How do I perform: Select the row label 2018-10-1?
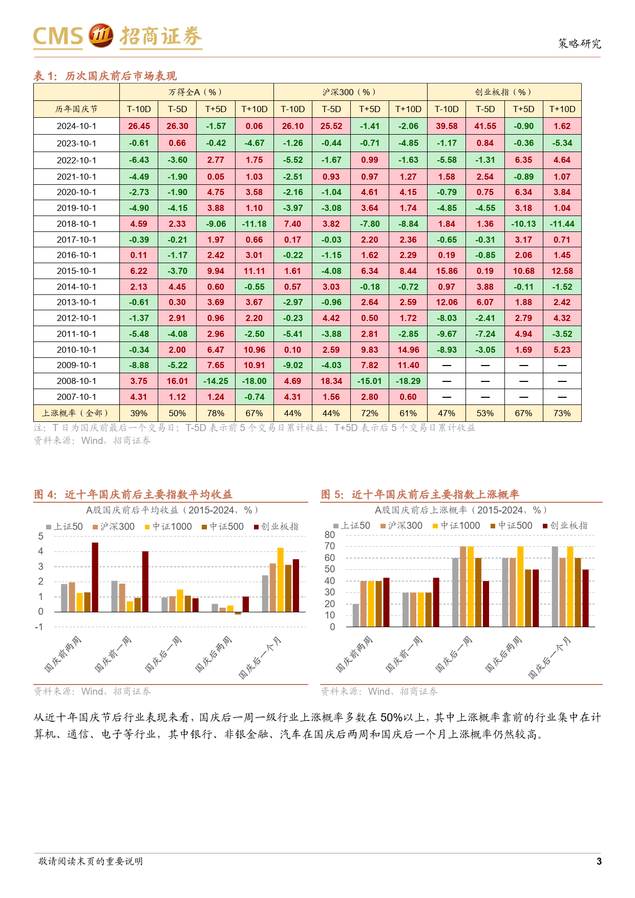tap(76, 224)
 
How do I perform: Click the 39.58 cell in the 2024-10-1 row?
tap(447, 126)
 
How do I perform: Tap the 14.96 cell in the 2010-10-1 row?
tap(408, 350)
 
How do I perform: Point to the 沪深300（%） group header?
tap(350, 92)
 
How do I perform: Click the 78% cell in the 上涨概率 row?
tap(216, 413)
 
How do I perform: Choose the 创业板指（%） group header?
tap(504, 92)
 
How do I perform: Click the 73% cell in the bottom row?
tap(562, 413)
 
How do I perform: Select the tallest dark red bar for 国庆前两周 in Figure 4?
tap(95, 577)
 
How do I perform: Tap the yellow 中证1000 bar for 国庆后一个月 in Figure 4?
tap(281, 580)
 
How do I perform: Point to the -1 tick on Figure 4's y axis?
tap(39, 627)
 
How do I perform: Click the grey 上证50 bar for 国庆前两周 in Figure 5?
tap(356, 615)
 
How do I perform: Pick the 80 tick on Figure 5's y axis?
tap(330, 535)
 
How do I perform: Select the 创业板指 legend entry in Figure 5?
tap(565, 525)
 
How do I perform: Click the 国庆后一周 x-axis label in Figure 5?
tap(454, 654)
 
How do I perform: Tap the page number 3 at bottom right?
tap(599, 861)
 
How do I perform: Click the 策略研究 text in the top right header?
tap(580, 44)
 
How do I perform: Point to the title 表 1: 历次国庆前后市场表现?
tap(105, 76)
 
